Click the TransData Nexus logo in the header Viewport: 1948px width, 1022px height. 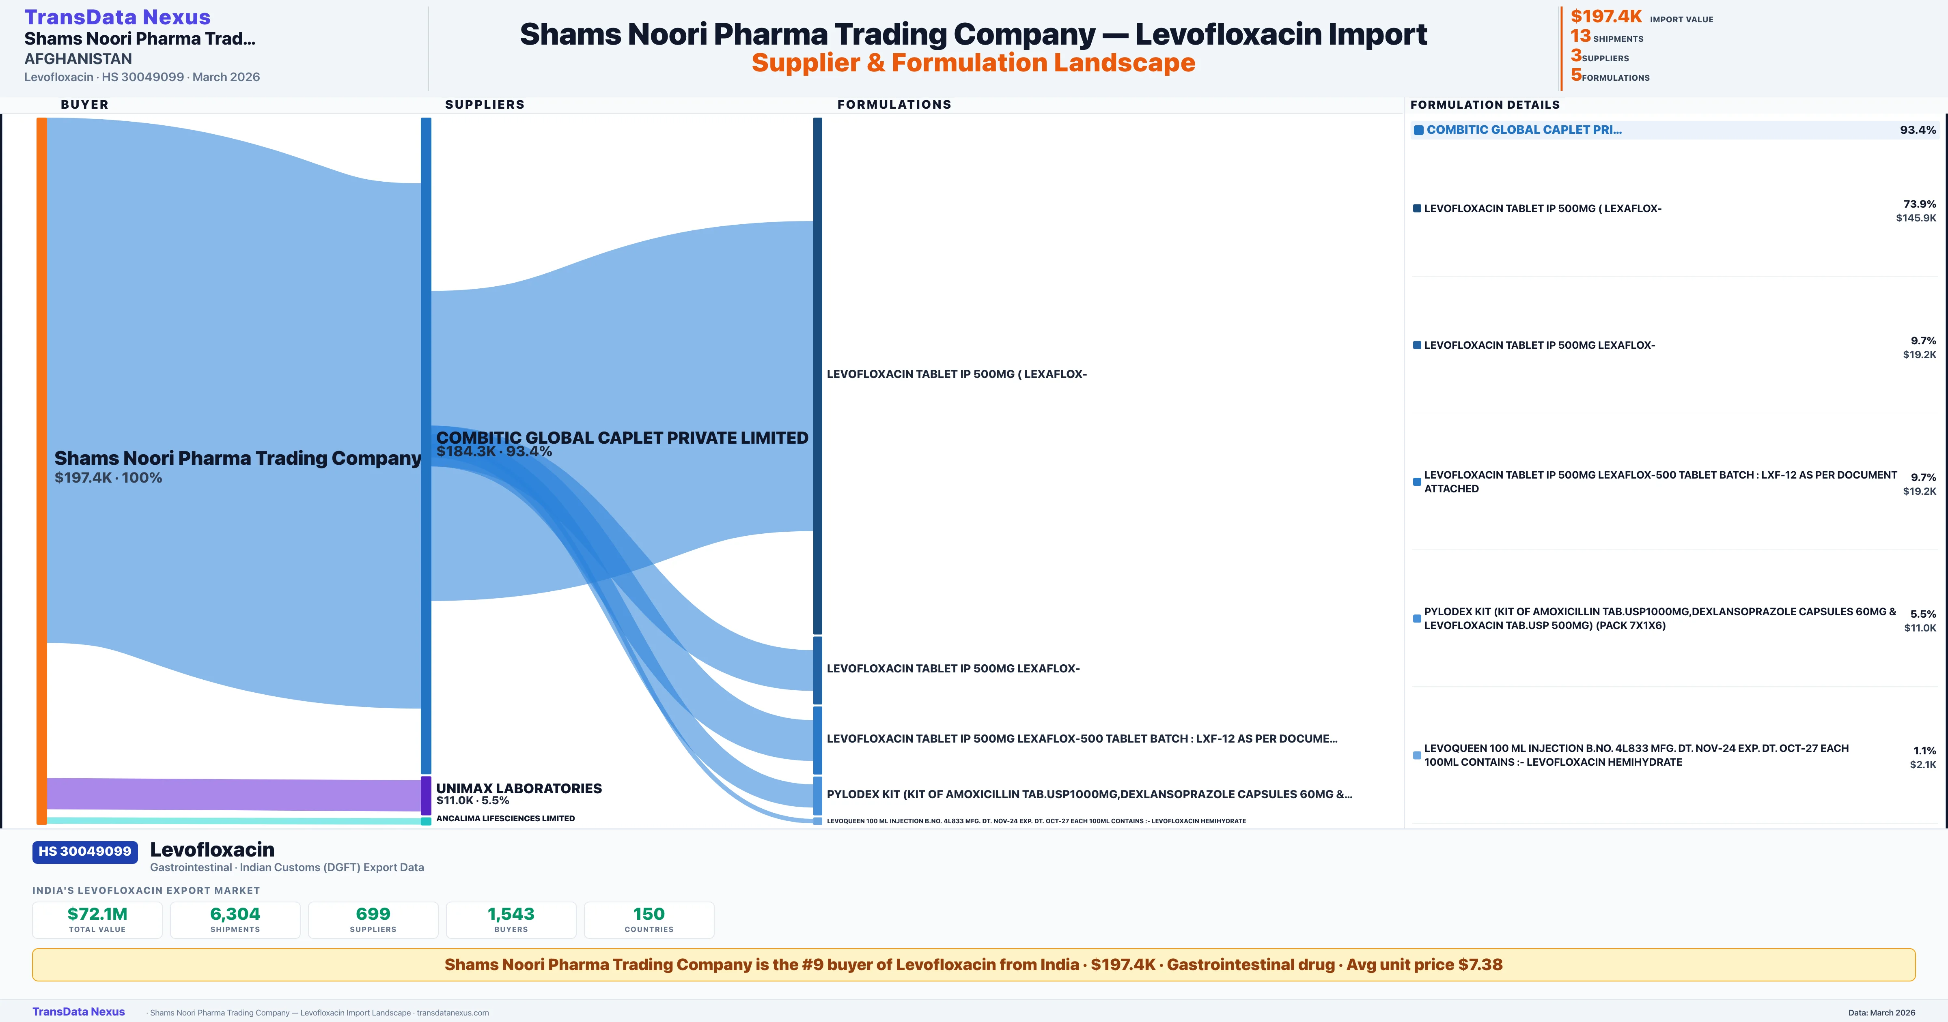pos(117,17)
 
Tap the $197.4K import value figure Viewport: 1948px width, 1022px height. pos(1605,16)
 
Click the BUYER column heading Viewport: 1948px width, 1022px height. pos(85,104)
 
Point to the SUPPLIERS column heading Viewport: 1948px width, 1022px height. pos(485,104)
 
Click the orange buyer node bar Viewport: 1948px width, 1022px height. pos(41,469)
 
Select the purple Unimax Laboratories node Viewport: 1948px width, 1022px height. pos(426,795)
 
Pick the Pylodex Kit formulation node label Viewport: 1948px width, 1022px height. pos(1089,794)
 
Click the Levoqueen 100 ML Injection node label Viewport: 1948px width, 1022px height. pos(1036,821)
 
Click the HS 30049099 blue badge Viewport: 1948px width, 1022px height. pos(85,851)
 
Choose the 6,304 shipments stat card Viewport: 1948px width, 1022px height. pos(235,919)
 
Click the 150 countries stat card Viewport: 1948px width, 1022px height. pos(649,919)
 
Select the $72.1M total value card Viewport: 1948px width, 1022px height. pos(97,919)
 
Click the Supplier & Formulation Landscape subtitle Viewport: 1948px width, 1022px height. pos(973,63)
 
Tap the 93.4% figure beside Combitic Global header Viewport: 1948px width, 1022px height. pos(1917,130)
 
